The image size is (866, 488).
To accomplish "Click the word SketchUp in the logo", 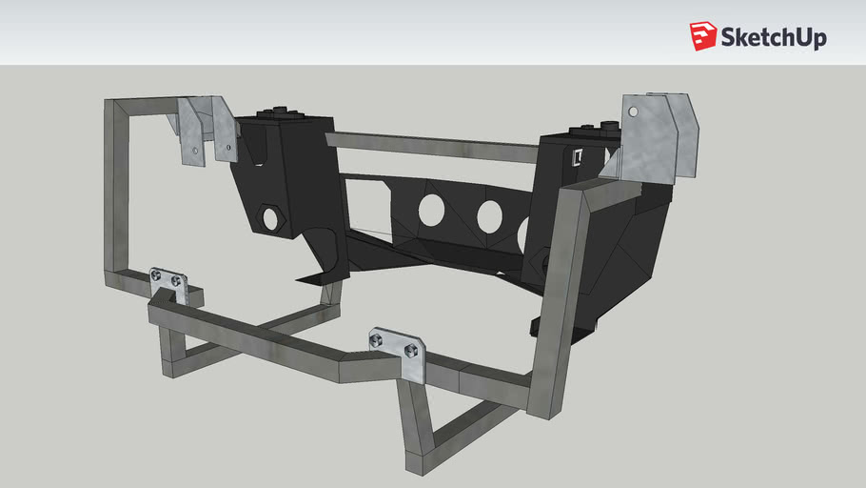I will (x=773, y=37).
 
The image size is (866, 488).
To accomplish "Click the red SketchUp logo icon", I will (x=703, y=35).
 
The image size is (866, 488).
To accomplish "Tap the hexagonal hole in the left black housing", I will (x=270, y=218).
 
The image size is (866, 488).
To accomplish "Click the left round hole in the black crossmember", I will (x=429, y=209).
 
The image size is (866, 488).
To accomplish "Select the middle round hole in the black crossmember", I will (x=490, y=216).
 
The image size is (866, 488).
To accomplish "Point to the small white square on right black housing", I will (x=576, y=157).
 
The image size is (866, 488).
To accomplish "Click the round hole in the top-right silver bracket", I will (x=632, y=112).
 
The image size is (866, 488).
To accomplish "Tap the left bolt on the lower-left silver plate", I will (x=157, y=275).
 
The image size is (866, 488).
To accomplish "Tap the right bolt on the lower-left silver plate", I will (x=176, y=281).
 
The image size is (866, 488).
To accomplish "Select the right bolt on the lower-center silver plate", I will (x=411, y=350).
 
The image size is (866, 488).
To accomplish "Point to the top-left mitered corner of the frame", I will (x=116, y=108).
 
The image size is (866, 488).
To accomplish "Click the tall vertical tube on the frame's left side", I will (x=114, y=191).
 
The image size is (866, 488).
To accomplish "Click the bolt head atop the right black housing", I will (x=581, y=130).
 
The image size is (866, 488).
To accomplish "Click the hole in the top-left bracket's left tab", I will (x=195, y=151).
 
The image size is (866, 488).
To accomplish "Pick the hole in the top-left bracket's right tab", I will (x=229, y=148).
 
